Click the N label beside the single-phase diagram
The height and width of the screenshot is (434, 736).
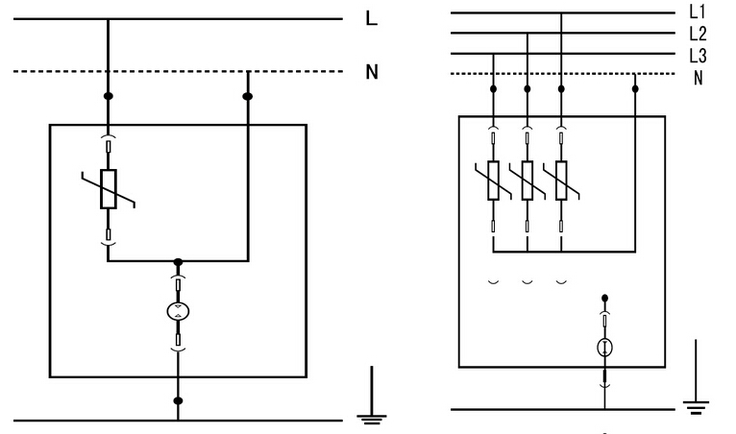coord(372,72)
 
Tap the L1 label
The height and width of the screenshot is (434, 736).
coord(697,12)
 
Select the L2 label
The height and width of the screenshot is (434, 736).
coord(698,34)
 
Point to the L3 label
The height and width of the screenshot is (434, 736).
coord(698,55)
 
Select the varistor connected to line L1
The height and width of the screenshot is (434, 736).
coord(561,180)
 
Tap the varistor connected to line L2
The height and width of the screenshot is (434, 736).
coord(527,180)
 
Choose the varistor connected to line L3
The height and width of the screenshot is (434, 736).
coord(493,180)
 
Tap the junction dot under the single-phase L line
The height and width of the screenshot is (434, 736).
coord(108,96)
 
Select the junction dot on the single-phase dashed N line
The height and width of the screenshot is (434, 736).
coord(248,96)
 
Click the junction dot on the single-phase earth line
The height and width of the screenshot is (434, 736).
coord(178,398)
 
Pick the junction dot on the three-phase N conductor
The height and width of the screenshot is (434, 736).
coord(635,88)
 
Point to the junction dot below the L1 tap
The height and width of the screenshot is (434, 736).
coord(561,88)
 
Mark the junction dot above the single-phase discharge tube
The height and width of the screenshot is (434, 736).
coord(178,261)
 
